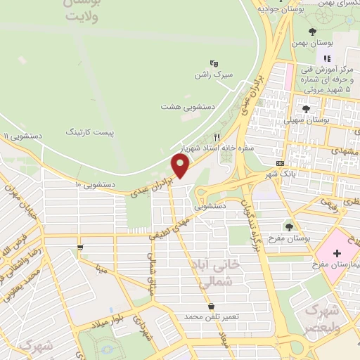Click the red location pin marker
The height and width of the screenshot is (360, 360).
tap(181, 166)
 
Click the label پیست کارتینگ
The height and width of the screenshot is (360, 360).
tap(89, 131)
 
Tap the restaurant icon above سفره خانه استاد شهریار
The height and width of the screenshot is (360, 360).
tap(217, 137)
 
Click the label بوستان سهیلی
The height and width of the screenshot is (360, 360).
tap(307, 120)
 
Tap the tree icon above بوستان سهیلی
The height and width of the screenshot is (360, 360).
tap(307, 108)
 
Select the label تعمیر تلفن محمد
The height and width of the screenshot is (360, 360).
tap(212, 318)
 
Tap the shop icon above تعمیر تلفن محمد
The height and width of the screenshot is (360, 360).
tap(212, 306)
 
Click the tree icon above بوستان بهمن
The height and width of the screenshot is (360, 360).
tap(312, 31)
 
